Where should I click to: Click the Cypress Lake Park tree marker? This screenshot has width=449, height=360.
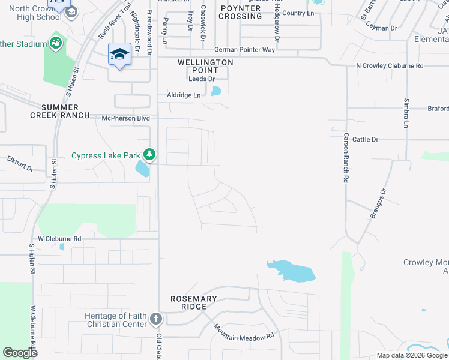(x=149, y=155)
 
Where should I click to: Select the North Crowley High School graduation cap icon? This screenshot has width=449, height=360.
(x=71, y=12)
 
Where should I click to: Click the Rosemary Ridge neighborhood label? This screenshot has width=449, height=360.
(x=197, y=302)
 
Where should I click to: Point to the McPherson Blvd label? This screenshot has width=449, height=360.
(x=125, y=118)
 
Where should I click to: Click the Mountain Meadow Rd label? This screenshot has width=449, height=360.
(x=244, y=333)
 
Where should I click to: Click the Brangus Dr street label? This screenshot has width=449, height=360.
(x=377, y=203)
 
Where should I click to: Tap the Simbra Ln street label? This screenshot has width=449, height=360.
(x=406, y=113)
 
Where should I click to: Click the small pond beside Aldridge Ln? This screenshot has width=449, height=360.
(x=215, y=92)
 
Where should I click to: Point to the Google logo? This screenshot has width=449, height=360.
(x=20, y=353)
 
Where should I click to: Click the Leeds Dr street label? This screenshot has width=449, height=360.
(x=202, y=79)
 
